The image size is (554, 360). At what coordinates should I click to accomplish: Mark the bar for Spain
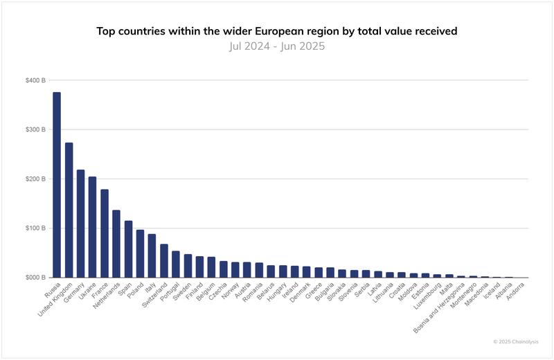128,249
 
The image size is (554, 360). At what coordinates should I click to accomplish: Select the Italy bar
152,255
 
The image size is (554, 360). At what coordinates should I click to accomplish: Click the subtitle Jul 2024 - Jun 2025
276,46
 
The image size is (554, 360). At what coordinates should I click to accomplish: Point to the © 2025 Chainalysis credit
515,341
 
